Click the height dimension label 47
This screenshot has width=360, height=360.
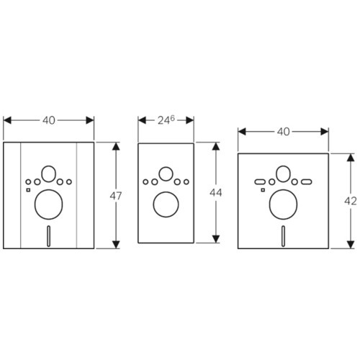pos(116,196)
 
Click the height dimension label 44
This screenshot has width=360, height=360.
pos(216,193)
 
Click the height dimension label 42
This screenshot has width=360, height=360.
pos(351,201)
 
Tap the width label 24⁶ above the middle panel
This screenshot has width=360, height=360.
pos(166,120)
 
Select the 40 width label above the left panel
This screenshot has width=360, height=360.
pos(49,120)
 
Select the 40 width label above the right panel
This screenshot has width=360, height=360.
pos(284,132)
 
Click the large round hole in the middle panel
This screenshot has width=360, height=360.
pos(166,204)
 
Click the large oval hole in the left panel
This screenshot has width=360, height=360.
pos(49,204)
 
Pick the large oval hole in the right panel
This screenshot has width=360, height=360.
pos(284,204)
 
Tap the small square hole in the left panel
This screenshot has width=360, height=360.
pos(28,190)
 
